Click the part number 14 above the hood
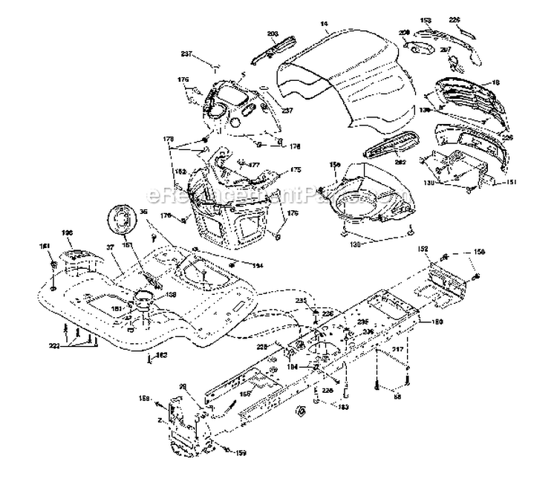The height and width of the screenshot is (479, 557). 324,25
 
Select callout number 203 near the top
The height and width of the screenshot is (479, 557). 273,35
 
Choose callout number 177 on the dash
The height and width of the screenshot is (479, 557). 253,166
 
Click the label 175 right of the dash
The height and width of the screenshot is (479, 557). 295,170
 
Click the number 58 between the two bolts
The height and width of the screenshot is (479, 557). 396,398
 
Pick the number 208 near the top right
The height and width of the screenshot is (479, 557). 404,33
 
